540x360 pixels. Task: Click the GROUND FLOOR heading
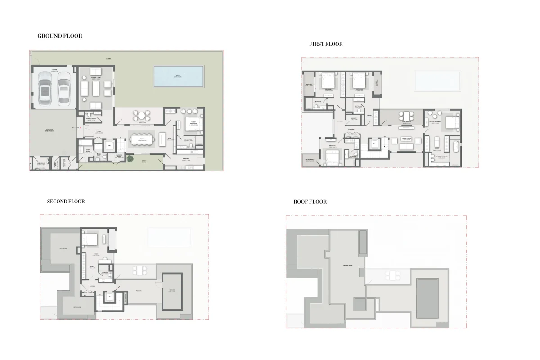(60, 36)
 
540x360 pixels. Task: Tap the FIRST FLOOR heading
(326, 44)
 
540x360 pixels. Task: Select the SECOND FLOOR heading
(66, 202)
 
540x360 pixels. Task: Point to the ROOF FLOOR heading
(310, 202)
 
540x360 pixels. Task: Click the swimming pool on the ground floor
(179, 76)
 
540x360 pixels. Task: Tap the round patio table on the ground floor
(141, 116)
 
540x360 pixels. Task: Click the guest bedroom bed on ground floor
(193, 124)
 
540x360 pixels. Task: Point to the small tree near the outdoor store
(130, 158)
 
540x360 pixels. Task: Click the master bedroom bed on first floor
(450, 122)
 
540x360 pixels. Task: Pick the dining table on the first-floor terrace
(407, 116)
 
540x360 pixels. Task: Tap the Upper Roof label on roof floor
(347, 266)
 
